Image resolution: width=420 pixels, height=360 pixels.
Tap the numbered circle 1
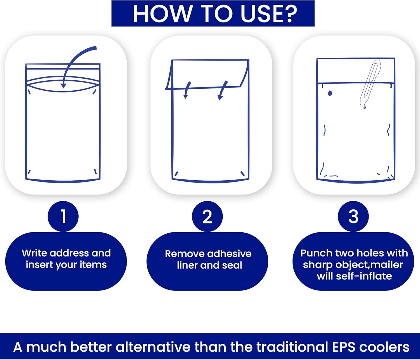(x=63, y=216)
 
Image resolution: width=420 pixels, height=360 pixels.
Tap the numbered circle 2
(x=207, y=216)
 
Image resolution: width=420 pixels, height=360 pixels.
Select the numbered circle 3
(x=353, y=216)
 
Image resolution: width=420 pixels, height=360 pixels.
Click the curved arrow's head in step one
(x=64, y=85)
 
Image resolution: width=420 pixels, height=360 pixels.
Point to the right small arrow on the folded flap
(x=223, y=90)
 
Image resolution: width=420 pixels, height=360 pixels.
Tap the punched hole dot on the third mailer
(x=330, y=93)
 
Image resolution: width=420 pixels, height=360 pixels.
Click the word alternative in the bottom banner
(x=153, y=347)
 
